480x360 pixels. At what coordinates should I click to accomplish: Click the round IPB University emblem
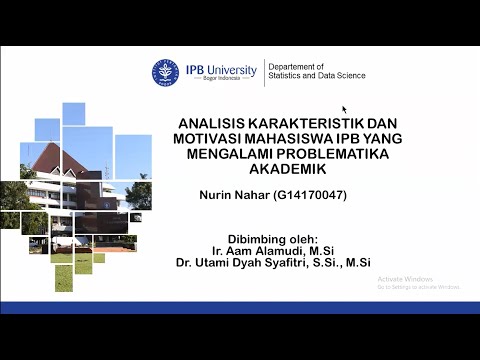coord(166,73)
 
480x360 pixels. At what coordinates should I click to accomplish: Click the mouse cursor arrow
coord(345,109)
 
